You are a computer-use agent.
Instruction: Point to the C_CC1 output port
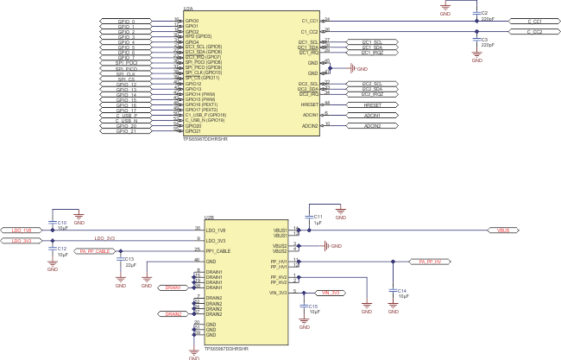(525, 21)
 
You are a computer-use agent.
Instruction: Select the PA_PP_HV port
(429, 261)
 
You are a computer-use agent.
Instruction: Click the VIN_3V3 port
(330, 293)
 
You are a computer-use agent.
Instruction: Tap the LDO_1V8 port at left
(22, 231)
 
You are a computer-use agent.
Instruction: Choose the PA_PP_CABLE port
(93, 251)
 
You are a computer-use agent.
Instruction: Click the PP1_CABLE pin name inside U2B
(217, 250)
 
